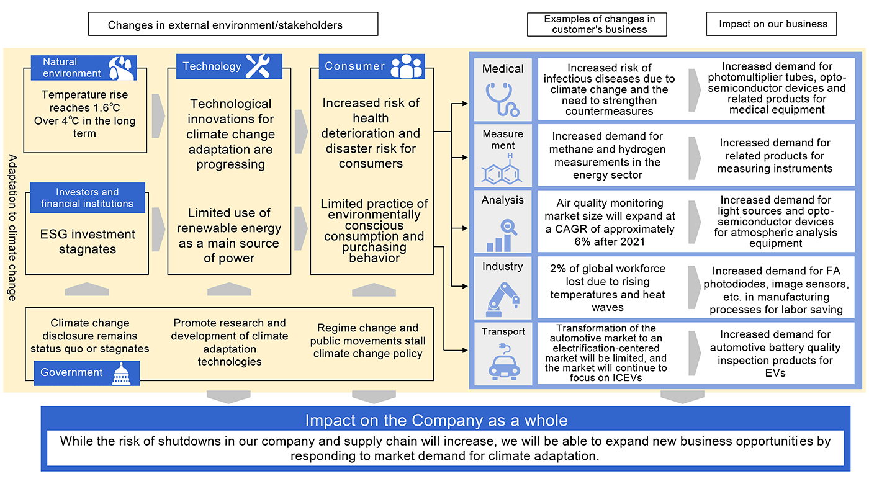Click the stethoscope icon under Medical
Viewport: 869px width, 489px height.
[503, 99]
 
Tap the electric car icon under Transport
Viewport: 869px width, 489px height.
[503, 363]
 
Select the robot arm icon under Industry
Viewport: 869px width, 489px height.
[503, 297]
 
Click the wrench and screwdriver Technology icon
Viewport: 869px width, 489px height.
[257, 66]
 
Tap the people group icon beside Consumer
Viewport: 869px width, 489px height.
[408, 66]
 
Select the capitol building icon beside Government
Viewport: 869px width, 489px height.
[122, 372]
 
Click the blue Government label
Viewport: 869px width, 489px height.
[72, 372]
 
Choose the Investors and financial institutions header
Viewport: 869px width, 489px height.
[87, 198]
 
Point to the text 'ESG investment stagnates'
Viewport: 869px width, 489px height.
[88, 241]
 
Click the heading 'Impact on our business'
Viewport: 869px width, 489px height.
[773, 24]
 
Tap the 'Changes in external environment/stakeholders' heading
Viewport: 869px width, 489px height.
[233, 25]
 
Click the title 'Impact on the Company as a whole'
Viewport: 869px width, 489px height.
[436, 420]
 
